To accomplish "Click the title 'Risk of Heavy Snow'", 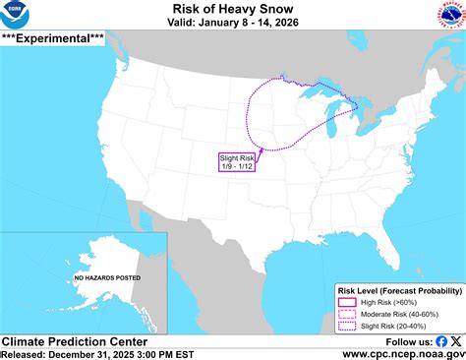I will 232,9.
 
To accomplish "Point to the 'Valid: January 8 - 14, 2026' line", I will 232,24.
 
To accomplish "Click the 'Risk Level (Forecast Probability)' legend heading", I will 399,292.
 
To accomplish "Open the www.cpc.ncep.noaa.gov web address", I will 403,353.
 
